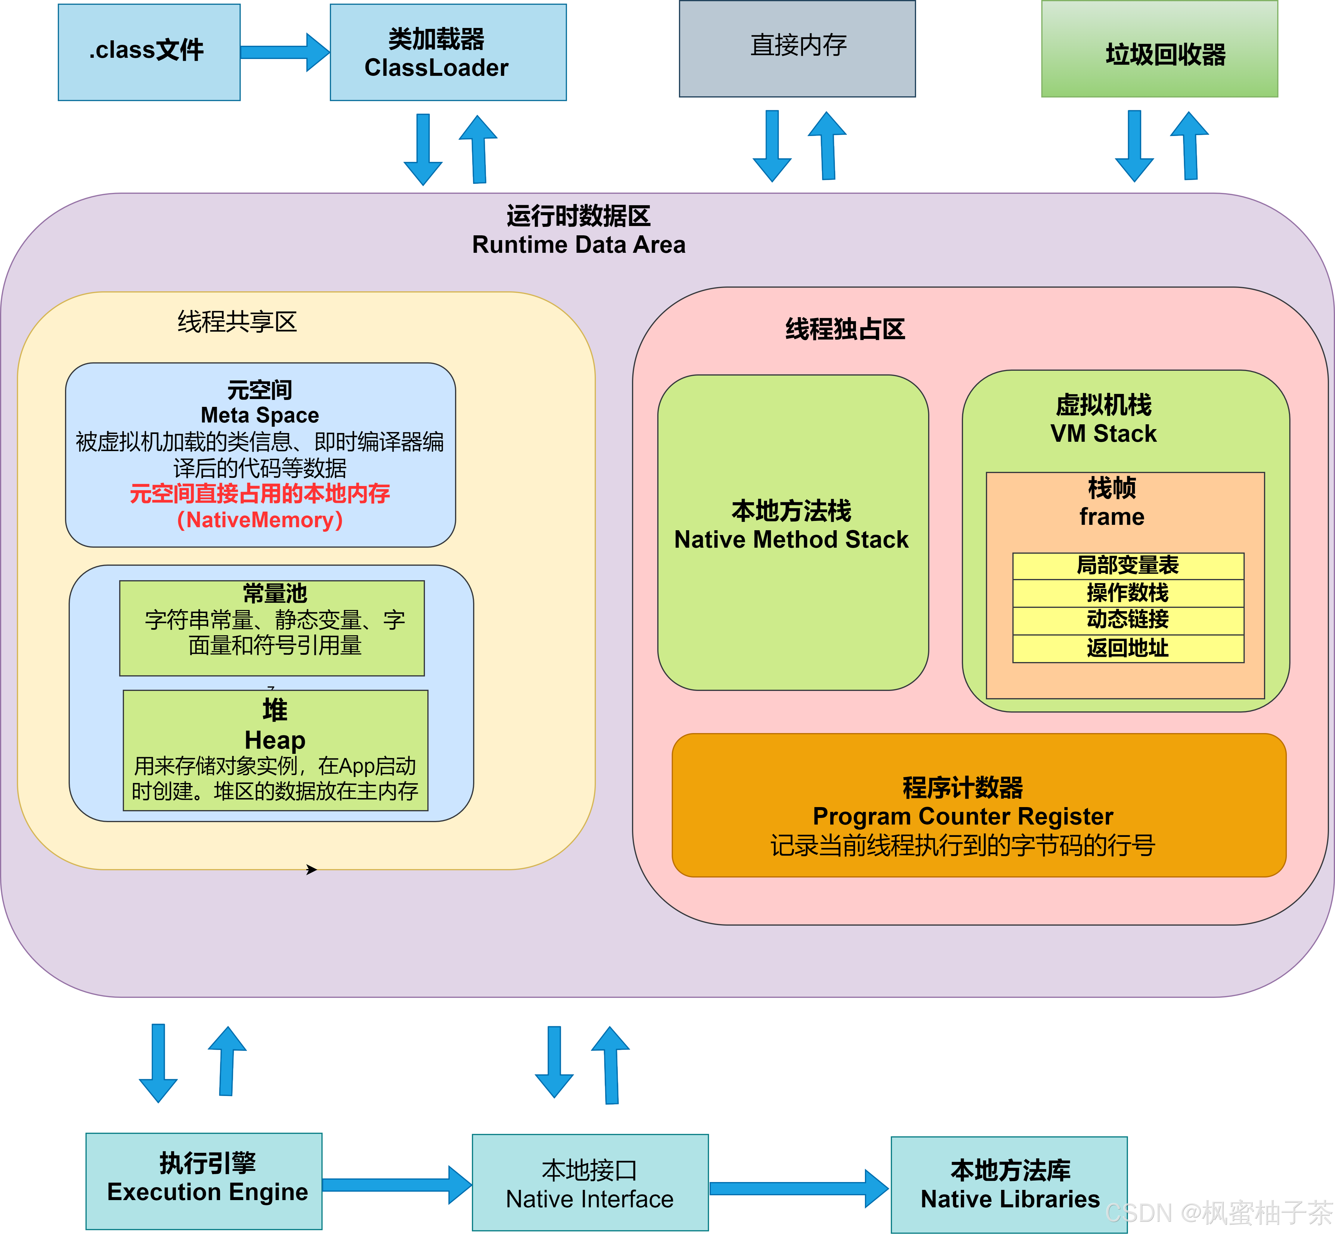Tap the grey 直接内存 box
pyautogui.click(x=797, y=48)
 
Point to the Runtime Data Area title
pyautogui.click(x=579, y=245)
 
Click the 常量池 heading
pyautogui.click(x=275, y=593)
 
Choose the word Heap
pyautogui.click(x=275, y=740)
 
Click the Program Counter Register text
pyautogui.click(x=963, y=816)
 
